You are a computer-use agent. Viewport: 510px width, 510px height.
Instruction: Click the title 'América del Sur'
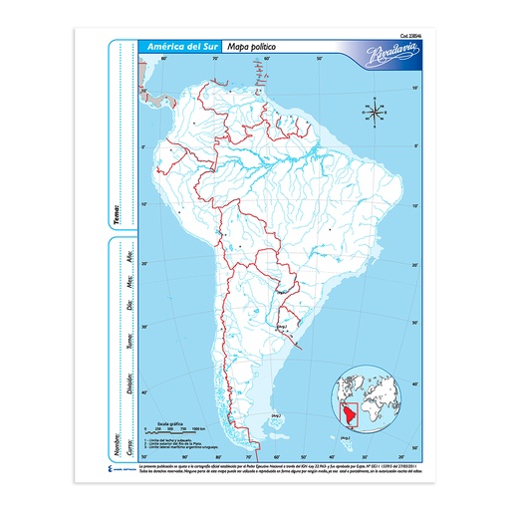pos(180,47)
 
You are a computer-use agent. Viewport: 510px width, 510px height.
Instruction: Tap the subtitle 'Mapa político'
pos(251,47)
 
